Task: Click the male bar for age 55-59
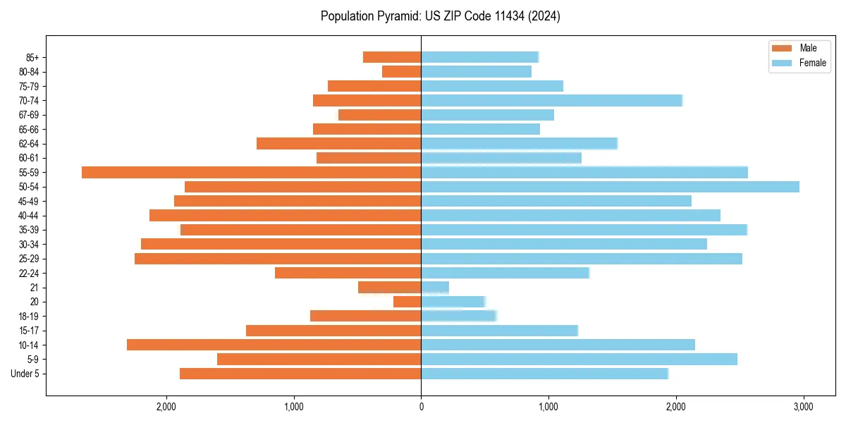pyautogui.click(x=251, y=172)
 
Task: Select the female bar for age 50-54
pyautogui.click(x=610, y=187)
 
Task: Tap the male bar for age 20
pyautogui.click(x=407, y=302)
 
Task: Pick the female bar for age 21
pyautogui.click(x=435, y=287)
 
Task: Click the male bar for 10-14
pyautogui.click(x=274, y=345)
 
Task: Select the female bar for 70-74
pyautogui.click(x=551, y=101)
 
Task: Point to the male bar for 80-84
pyautogui.click(x=402, y=72)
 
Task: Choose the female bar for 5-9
pyautogui.click(x=579, y=359)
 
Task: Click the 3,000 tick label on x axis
pyautogui.click(x=803, y=407)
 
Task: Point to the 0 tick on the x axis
pyautogui.click(x=421, y=407)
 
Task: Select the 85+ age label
pyautogui.click(x=32, y=58)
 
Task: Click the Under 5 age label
pyautogui.click(x=25, y=374)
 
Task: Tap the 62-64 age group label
pyautogui.click(x=29, y=144)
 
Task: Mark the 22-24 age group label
pyautogui.click(x=29, y=273)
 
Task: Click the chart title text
pyautogui.click(x=441, y=16)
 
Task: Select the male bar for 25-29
pyautogui.click(x=278, y=259)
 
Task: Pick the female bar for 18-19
pyautogui.click(x=458, y=316)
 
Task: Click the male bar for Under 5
pyautogui.click(x=300, y=374)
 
